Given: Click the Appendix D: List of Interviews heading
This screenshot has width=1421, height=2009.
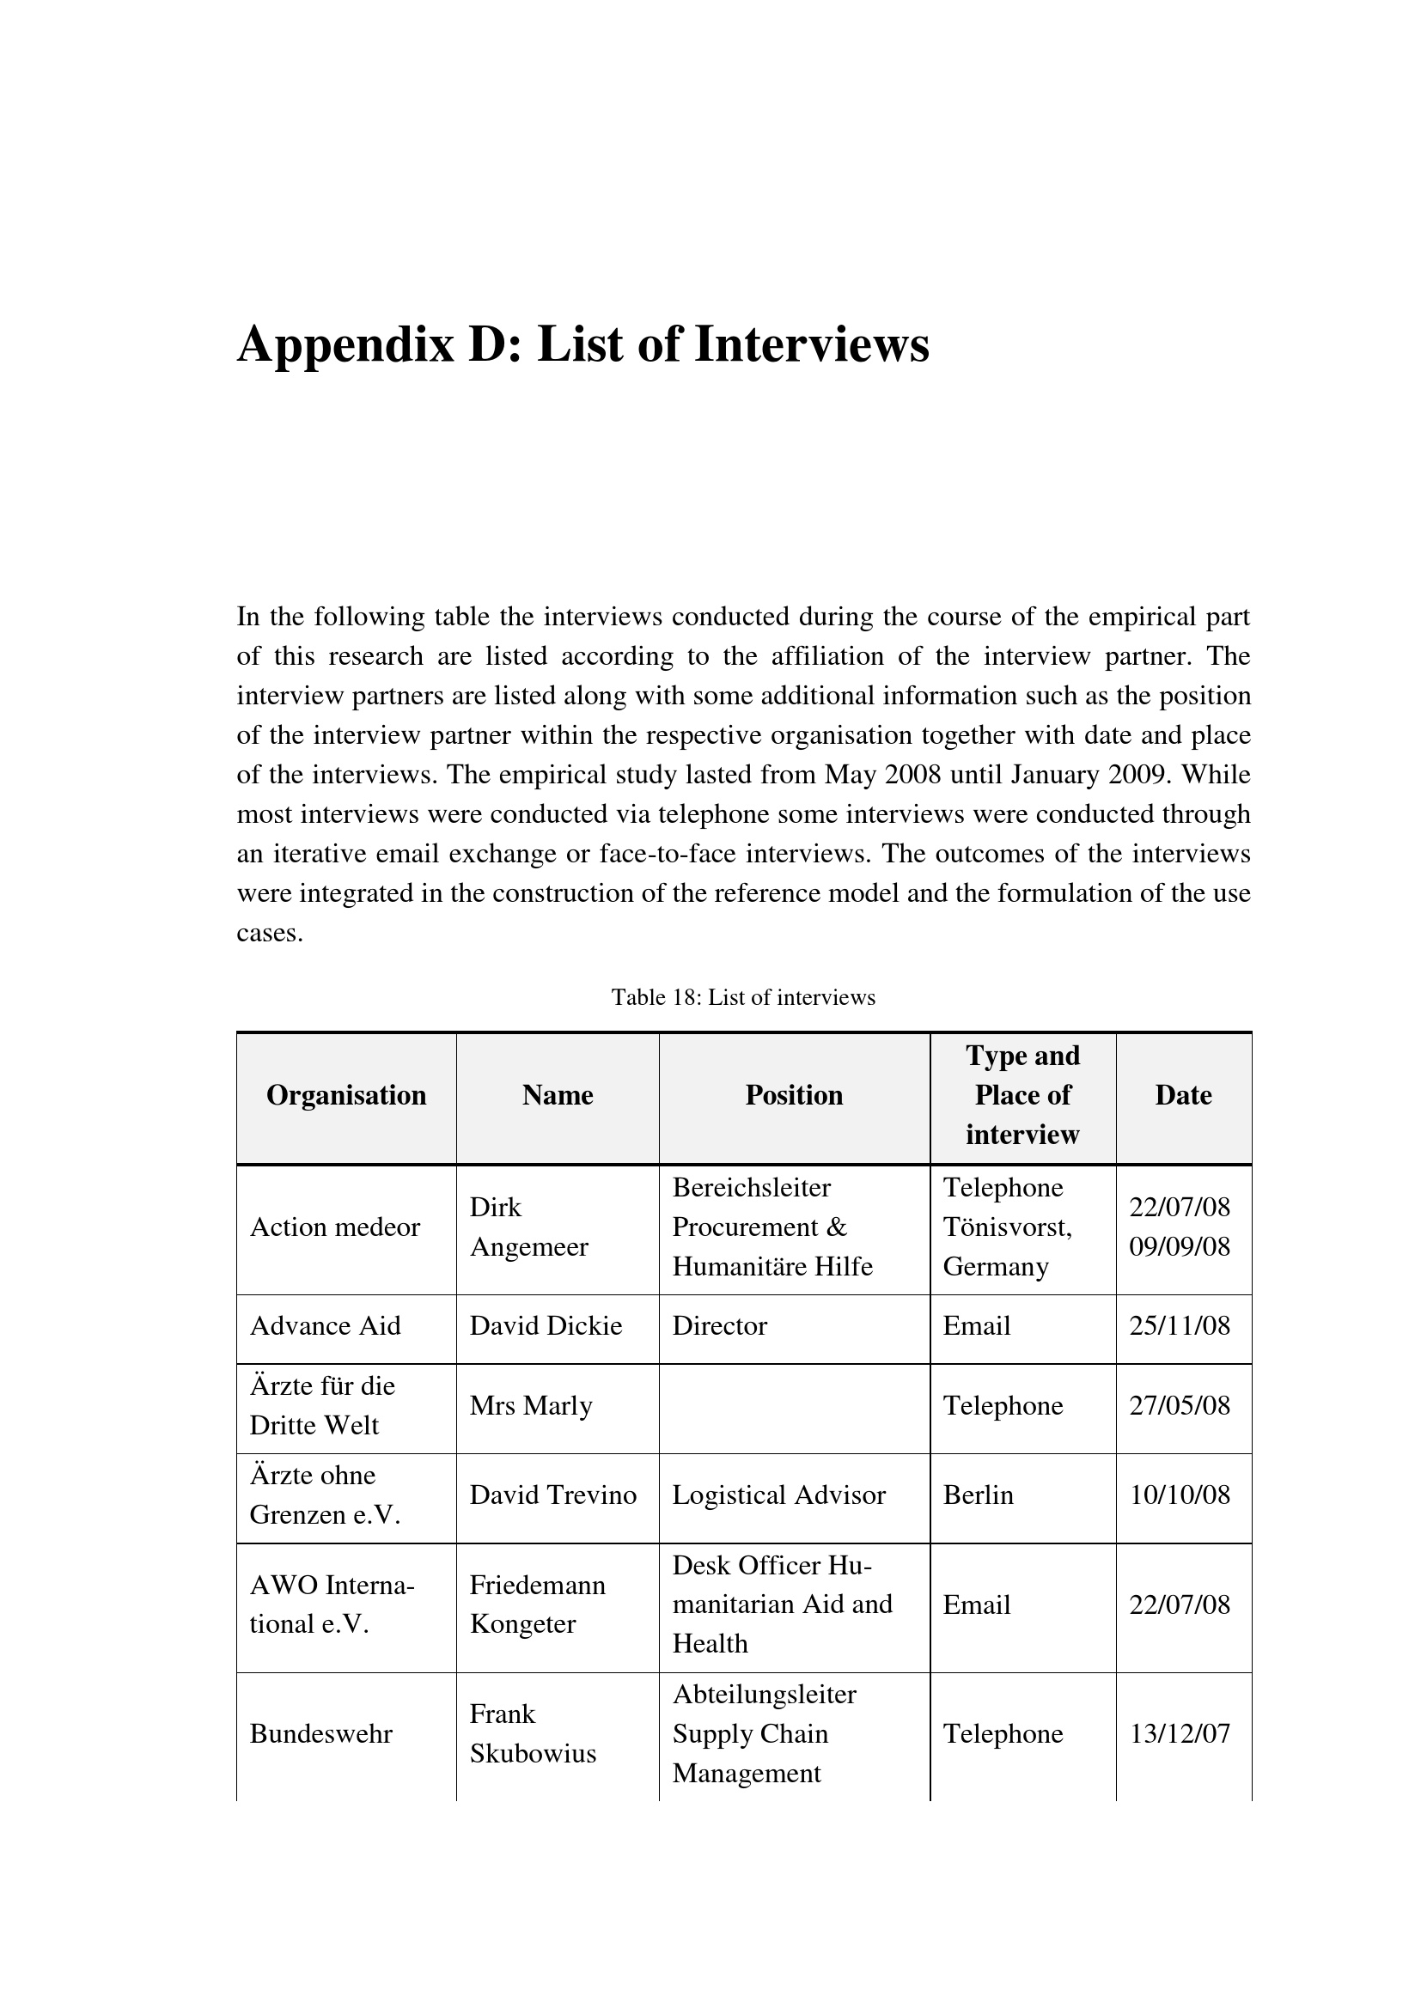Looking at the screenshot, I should pos(582,344).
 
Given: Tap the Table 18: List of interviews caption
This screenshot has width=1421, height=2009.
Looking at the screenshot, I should pos(743,997).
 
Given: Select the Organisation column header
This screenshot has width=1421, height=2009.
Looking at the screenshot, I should pos(345,1095).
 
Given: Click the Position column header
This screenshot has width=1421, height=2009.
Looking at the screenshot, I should pos(794,1095).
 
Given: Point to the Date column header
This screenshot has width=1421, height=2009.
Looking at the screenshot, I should pos(1183,1095).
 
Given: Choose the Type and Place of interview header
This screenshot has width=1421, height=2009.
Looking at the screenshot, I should pos(1022,1095).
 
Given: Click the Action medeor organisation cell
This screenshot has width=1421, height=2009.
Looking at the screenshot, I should pos(335,1227).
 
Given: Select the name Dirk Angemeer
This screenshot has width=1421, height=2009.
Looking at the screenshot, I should pos(528,1227).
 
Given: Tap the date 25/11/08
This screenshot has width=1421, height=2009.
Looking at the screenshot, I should pos(1180,1325).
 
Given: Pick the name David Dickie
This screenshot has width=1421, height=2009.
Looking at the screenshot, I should pos(546,1325).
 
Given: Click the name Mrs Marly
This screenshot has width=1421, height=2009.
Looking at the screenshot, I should pos(531,1405).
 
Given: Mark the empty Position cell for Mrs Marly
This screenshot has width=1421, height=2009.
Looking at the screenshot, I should pos(794,1406).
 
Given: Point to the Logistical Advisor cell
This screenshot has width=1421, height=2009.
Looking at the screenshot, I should pos(778,1495).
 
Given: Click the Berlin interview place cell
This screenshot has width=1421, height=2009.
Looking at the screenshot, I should pos(979,1495).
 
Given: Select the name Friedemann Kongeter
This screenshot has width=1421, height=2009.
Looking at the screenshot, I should pos(537,1604).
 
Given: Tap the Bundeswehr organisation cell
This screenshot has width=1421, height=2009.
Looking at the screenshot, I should pos(321,1733).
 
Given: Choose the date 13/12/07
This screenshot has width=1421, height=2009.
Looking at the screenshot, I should pos(1180,1733).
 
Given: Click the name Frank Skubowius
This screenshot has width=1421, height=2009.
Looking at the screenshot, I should pos(532,1733).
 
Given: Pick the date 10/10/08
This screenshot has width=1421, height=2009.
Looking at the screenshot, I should pos(1180,1495).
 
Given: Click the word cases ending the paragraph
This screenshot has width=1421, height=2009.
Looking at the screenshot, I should pos(269,934).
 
